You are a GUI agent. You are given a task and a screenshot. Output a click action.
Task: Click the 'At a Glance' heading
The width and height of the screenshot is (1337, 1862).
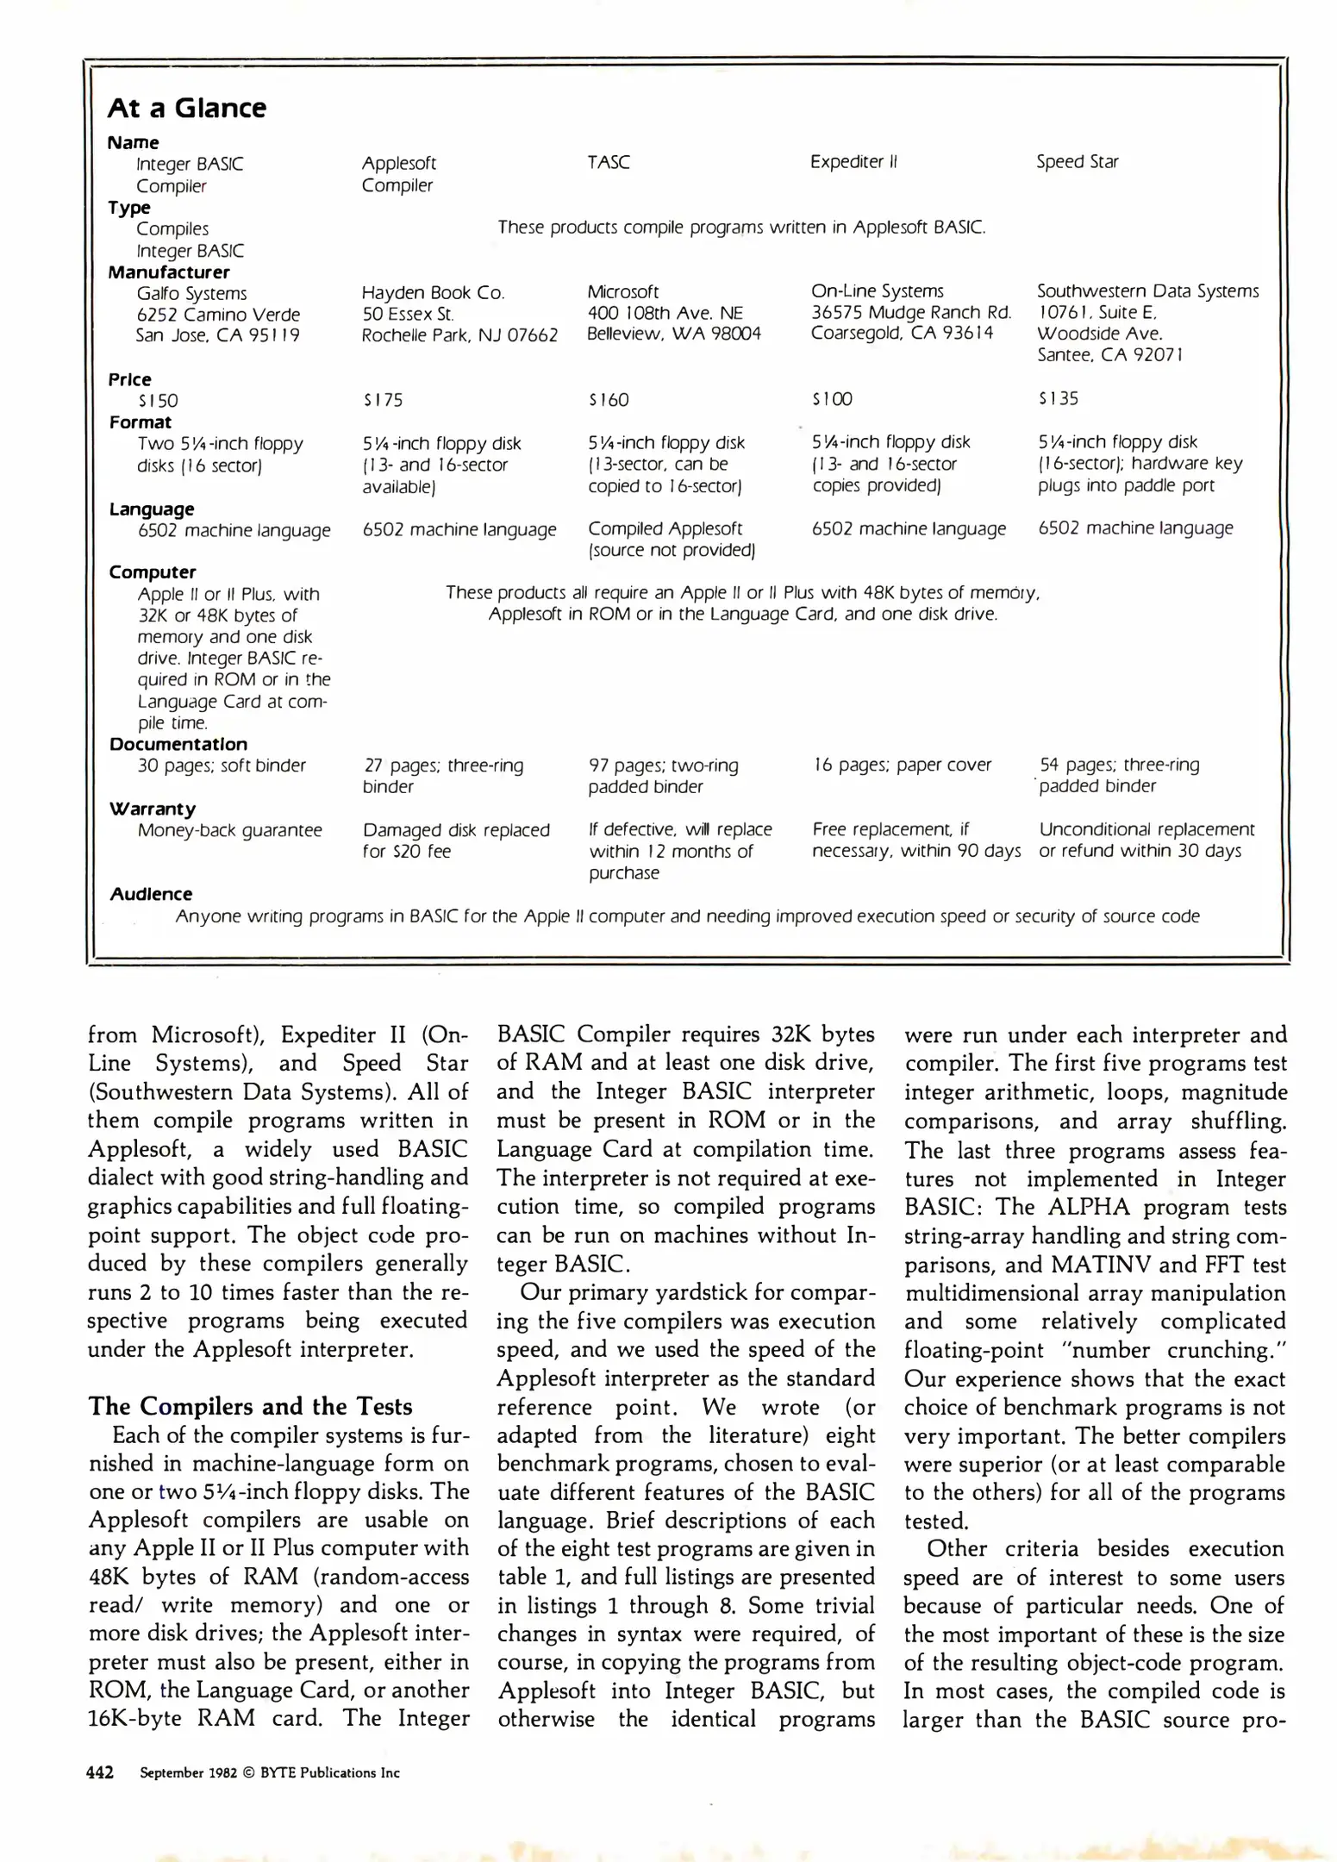[186, 109]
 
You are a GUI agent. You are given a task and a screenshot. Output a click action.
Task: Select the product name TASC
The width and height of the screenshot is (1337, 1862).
[609, 162]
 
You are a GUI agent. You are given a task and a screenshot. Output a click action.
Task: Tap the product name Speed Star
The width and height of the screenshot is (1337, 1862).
[1077, 162]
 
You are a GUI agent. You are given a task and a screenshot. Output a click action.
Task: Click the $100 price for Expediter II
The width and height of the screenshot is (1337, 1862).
[831, 399]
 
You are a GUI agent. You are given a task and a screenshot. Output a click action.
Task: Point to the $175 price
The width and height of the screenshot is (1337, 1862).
[383, 400]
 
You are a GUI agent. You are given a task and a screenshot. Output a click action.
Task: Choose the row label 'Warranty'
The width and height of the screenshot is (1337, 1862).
[152, 809]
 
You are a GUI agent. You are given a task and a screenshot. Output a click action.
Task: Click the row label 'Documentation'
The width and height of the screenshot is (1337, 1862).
[178, 744]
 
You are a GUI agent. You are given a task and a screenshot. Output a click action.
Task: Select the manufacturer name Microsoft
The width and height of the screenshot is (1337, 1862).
[622, 292]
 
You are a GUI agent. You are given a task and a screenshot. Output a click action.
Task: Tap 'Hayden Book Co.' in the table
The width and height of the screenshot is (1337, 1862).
[433, 293]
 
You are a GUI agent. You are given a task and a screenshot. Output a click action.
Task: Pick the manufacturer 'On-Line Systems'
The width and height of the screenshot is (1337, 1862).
[877, 291]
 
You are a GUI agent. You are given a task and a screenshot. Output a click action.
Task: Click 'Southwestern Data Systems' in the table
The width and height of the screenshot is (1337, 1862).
[1147, 291]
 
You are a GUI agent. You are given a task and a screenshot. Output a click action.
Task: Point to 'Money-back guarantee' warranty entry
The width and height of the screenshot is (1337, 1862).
[229, 830]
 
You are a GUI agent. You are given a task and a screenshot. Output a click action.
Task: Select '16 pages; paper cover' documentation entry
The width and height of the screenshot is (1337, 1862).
[902, 765]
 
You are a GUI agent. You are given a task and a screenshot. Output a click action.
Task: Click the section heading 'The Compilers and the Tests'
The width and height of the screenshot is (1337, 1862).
[250, 1407]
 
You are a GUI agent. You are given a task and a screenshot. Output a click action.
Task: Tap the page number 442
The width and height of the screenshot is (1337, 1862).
[100, 1773]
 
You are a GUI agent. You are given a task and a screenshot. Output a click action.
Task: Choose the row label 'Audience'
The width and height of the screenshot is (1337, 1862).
[151, 894]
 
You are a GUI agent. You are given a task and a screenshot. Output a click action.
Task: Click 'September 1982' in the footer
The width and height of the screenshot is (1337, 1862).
[188, 1773]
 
